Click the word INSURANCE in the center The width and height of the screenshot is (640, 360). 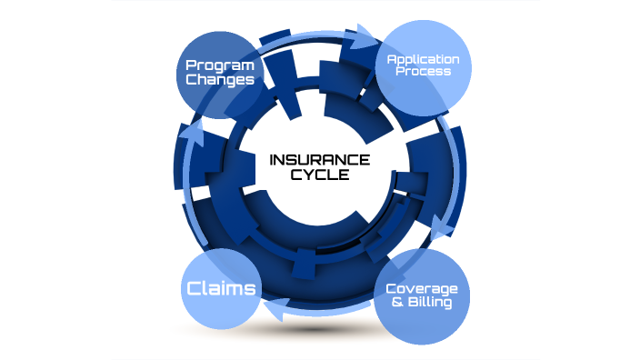click(319, 161)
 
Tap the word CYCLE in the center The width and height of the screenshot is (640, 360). click(319, 176)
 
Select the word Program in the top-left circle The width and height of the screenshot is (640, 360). click(218, 65)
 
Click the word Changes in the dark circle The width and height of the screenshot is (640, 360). click(218, 80)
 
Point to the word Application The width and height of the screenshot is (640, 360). click(423, 60)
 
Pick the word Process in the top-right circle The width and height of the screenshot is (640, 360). click(424, 72)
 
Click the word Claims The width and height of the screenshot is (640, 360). click(221, 289)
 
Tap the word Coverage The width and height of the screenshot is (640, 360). click(422, 289)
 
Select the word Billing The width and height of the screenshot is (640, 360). click(430, 303)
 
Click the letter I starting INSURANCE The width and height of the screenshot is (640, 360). click(272, 161)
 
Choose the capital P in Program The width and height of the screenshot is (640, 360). click(190, 65)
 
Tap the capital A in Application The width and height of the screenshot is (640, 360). click(392, 60)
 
